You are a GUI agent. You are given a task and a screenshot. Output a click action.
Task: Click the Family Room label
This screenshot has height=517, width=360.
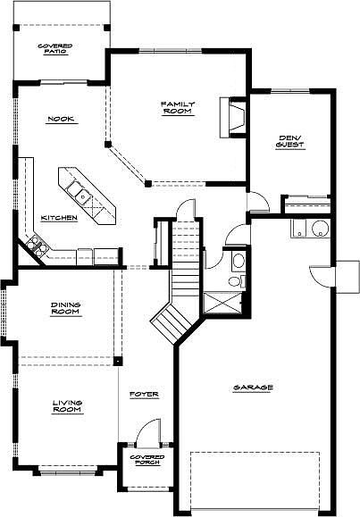pos(178,107)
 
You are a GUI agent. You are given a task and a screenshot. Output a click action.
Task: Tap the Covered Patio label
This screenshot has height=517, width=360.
pos(55,49)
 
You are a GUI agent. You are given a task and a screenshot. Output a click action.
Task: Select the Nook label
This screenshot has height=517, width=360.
pos(61,119)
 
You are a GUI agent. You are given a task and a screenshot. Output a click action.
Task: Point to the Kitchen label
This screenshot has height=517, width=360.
pos(59,218)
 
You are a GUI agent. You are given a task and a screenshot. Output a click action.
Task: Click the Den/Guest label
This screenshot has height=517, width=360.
pos(290,141)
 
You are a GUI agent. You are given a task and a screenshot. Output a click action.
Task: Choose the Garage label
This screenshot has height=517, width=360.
pos(253,388)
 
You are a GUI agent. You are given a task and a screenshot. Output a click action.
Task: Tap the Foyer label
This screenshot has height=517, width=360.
pos(144,394)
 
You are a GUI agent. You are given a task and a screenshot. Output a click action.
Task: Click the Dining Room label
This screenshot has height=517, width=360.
pos(66,308)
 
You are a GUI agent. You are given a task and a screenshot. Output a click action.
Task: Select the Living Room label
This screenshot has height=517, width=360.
pos(68,406)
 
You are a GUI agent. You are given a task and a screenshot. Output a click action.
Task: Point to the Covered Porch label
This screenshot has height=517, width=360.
pos(147,460)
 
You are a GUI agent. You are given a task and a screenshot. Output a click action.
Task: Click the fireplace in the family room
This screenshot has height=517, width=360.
pos(233,117)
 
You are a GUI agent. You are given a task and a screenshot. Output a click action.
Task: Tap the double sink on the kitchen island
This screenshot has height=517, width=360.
pos(79,193)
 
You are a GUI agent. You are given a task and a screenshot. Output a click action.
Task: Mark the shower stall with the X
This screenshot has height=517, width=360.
pos(222,303)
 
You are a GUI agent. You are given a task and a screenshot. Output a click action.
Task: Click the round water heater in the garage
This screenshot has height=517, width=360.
pos(320,229)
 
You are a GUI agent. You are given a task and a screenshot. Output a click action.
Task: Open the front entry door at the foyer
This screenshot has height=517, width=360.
pos(148,432)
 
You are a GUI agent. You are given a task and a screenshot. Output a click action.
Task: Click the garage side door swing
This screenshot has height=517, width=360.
pos(322,276)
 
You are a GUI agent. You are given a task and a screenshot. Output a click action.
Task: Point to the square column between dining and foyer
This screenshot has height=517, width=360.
pos(118,361)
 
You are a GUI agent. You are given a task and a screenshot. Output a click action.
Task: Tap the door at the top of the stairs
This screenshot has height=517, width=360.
pos(186,209)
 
